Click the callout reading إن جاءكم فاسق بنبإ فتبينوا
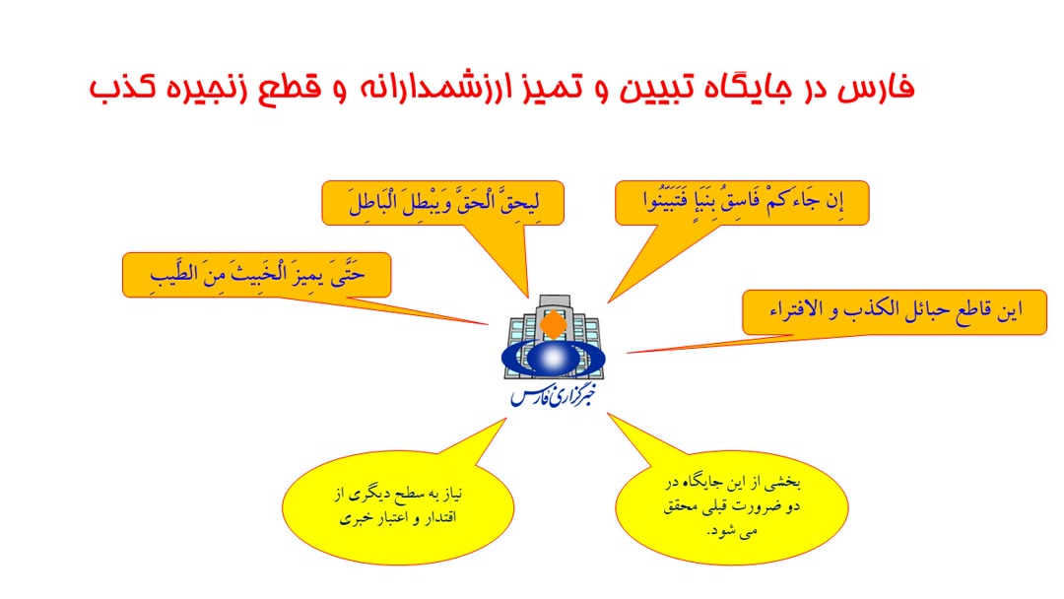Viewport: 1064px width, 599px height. pos(742,203)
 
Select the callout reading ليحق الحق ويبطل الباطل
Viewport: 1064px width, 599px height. pos(442,203)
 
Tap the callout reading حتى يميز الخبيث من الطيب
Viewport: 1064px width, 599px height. pos(256,275)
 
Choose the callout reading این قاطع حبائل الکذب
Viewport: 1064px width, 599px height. pos(895,312)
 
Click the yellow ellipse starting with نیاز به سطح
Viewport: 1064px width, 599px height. pos(398,507)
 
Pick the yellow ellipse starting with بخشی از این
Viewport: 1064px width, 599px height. pos(731,507)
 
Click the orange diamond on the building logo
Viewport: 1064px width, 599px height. pos(554,324)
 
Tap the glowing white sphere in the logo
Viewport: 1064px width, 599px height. pos(553,357)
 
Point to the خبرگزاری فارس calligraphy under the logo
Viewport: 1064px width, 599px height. pos(553,396)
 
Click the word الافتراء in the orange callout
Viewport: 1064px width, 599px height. pos(797,310)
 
